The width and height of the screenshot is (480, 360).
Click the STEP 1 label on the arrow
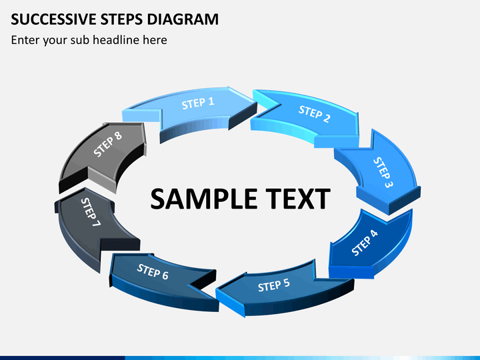point(198,103)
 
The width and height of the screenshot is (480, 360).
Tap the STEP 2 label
point(314,114)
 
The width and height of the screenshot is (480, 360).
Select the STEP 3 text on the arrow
point(383,172)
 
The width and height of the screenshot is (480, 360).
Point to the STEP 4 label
point(365,243)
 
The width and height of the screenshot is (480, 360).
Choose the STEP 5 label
point(273,285)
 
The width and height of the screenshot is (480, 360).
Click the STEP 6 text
point(153,271)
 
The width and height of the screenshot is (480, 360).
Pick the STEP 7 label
point(91,211)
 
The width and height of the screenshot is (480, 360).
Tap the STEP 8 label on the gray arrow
point(108,145)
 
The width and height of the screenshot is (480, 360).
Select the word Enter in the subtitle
point(25,40)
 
